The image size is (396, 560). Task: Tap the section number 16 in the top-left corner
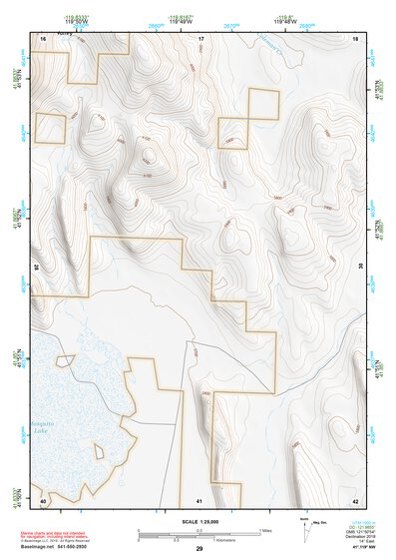click(x=43, y=38)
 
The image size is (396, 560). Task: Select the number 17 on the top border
click(x=199, y=38)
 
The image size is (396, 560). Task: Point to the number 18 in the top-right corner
click(x=355, y=38)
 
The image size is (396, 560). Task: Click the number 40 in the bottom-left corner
click(x=43, y=499)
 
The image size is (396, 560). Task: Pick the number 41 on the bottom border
click(x=199, y=499)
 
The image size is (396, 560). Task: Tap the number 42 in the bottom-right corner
click(x=355, y=499)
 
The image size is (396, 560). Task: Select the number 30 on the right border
click(x=359, y=268)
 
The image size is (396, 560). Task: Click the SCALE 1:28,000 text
click(x=198, y=521)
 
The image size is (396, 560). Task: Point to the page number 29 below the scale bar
click(x=199, y=549)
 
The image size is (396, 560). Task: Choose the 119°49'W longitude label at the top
click(x=179, y=20)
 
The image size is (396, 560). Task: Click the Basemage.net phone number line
click(x=62, y=548)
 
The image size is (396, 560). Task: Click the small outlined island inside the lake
click(x=67, y=359)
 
